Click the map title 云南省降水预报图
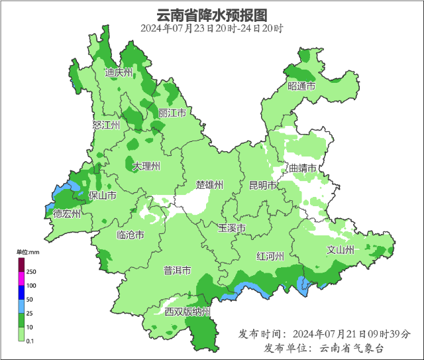click(x=212, y=15)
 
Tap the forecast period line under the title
click(x=212, y=29)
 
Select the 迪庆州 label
click(x=119, y=73)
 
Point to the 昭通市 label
click(x=301, y=87)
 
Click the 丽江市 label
click(x=172, y=113)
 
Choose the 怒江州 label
click(x=107, y=125)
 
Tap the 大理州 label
click(x=146, y=166)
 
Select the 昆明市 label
click(x=262, y=185)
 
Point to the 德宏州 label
click(x=67, y=213)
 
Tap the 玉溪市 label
click(x=232, y=228)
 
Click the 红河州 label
click(x=271, y=256)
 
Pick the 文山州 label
click(x=341, y=250)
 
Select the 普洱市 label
click(x=177, y=270)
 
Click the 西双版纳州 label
click(x=187, y=312)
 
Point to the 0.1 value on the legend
click(x=30, y=341)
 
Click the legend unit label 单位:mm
click(x=28, y=253)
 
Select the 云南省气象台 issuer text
click(x=352, y=348)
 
